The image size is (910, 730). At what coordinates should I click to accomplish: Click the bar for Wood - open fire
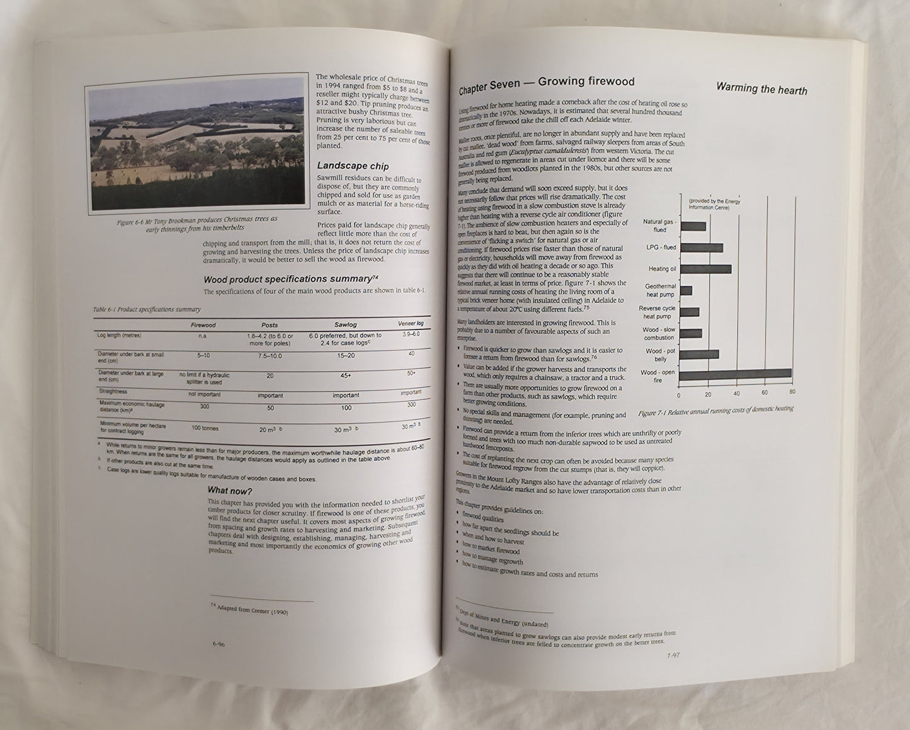click(735, 374)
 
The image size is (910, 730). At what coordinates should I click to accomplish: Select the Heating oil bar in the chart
click(705, 269)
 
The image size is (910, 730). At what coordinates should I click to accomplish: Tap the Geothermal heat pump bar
click(686, 290)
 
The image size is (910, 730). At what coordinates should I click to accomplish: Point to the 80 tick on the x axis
click(792, 392)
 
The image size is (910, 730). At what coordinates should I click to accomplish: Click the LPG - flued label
click(661, 247)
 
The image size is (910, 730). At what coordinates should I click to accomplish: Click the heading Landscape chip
click(353, 166)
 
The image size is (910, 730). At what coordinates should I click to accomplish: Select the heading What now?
click(230, 491)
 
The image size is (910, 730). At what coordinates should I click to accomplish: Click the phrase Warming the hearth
click(761, 89)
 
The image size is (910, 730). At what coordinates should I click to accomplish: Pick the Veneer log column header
click(411, 323)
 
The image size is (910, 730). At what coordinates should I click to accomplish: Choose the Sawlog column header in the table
click(345, 325)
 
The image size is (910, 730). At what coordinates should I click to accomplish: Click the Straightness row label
click(114, 391)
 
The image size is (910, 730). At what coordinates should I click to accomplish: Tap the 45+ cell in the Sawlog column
click(346, 376)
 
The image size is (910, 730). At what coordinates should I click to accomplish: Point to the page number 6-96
click(219, 644)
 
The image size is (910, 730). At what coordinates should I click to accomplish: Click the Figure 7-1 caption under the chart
click(715, 408)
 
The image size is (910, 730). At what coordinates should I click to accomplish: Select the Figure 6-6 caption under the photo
click(197, 223)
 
